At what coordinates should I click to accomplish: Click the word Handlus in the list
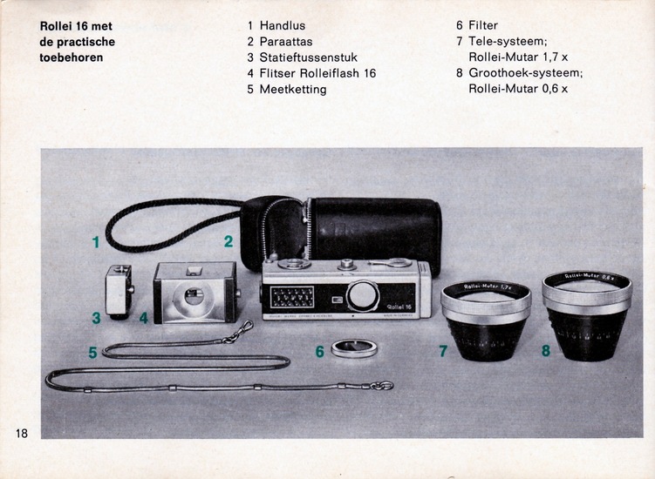click(x=283, y=26)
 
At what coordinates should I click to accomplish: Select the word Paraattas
click(x=286, y=42)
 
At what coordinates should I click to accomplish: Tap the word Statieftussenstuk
click(x=309, y=57)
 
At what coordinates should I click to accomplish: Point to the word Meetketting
click(x=293, y=90)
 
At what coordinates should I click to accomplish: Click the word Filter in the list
click(x=483, y=25)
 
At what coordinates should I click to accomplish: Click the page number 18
click(x=22, y=433)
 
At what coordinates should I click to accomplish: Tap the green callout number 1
click(x=96, y=242)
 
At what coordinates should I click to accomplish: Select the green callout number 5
click(x=92, y=353)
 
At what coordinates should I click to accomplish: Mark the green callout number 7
click(x=443, y=351)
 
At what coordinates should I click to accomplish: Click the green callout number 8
click(x=546, y=350)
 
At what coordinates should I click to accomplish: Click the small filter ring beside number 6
click(x=354, y=348)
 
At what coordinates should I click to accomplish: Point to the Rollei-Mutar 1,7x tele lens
click(x=486, y=320)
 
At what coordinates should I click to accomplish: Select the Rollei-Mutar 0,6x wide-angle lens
click(x=587, y=315)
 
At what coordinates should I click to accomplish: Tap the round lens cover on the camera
click(x=362, y=296)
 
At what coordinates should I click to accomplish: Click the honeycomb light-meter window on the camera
click(x=292, y=297)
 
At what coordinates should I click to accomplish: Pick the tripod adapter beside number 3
click(x=119, y=292)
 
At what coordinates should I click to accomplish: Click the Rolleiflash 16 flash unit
click(x=195, y=293)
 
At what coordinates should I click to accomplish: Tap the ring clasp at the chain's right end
click(x=382, y=386)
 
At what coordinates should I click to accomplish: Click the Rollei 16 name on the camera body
click(x=399, y=307)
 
